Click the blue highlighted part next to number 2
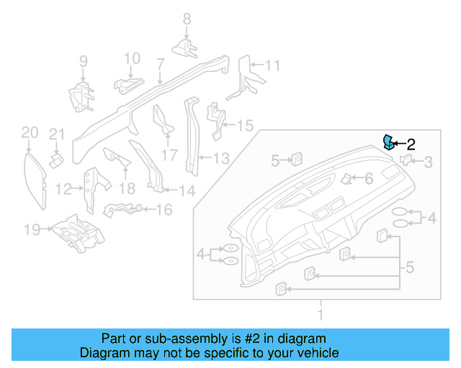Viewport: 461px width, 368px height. point(388,142)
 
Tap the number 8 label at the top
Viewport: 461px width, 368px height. point(186,19)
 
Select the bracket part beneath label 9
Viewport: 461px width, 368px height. point(80,96)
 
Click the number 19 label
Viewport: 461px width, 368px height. point(32,230)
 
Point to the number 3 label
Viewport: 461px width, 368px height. point(428,162)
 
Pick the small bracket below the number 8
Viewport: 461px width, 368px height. point(187,48)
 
